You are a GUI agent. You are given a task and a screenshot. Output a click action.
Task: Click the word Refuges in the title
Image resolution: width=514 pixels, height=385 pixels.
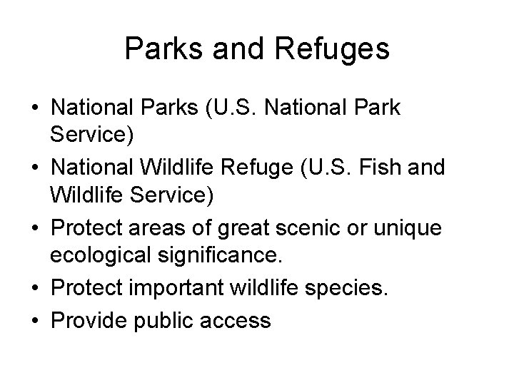333,50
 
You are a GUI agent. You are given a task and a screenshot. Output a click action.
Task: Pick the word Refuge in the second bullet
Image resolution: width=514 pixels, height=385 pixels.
258,168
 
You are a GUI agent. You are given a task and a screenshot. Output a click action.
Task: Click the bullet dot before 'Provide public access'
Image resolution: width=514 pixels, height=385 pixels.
34,320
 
